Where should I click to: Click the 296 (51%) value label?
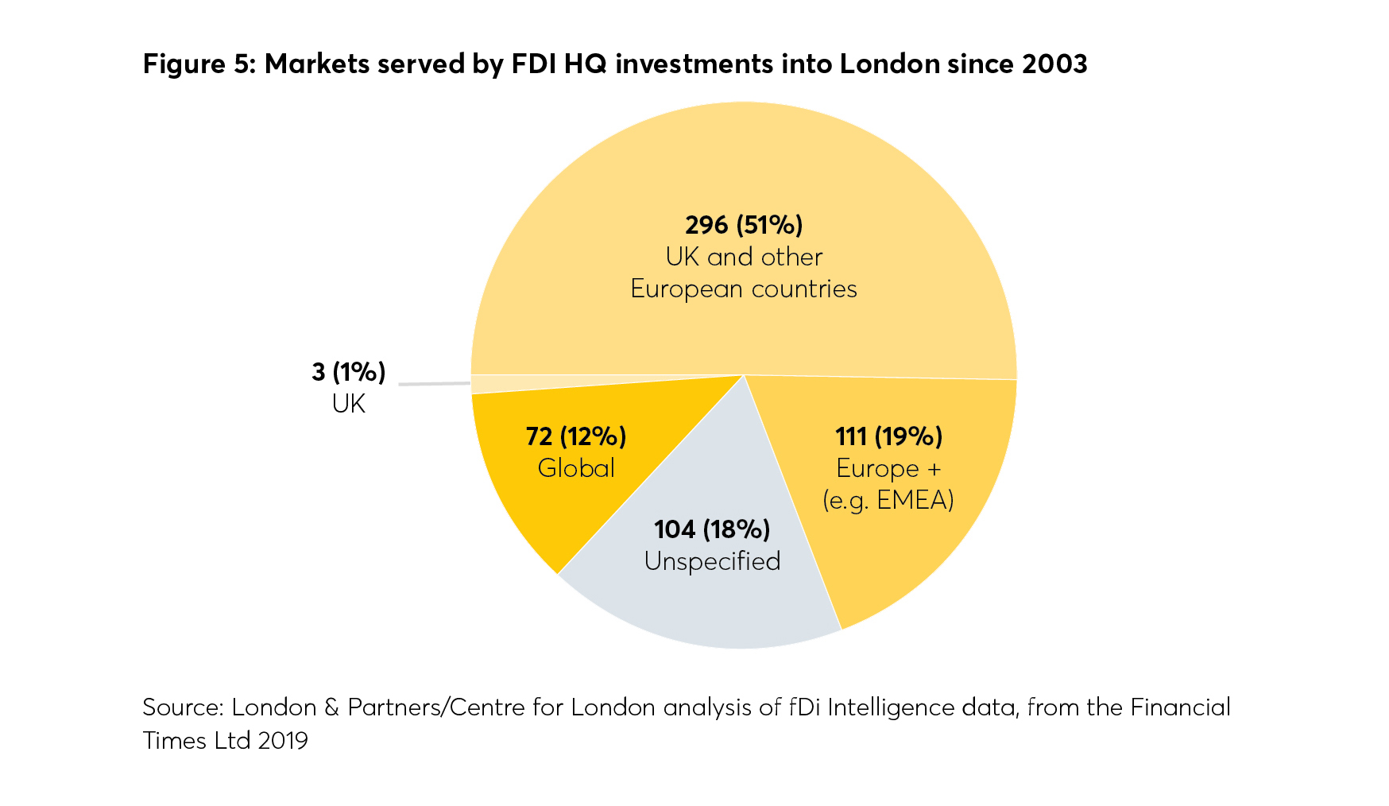[744, 225]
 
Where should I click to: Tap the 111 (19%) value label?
[888, 436]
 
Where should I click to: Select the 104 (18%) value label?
[712, 529]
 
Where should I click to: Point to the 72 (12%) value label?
[576, 436]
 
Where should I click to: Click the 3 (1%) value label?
[348, 371]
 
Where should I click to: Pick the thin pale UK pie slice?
[509, 382]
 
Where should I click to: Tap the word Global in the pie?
[576, 468]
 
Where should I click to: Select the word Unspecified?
[712, 561]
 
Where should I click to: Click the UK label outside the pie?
[348, 404]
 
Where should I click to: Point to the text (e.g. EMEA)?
[888, 500]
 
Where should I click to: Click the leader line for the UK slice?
[434, 383]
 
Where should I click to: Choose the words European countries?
[744, 289]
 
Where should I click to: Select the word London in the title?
[889, 64]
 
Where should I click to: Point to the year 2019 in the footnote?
[283, 740]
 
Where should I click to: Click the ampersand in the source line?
[331, 707]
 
